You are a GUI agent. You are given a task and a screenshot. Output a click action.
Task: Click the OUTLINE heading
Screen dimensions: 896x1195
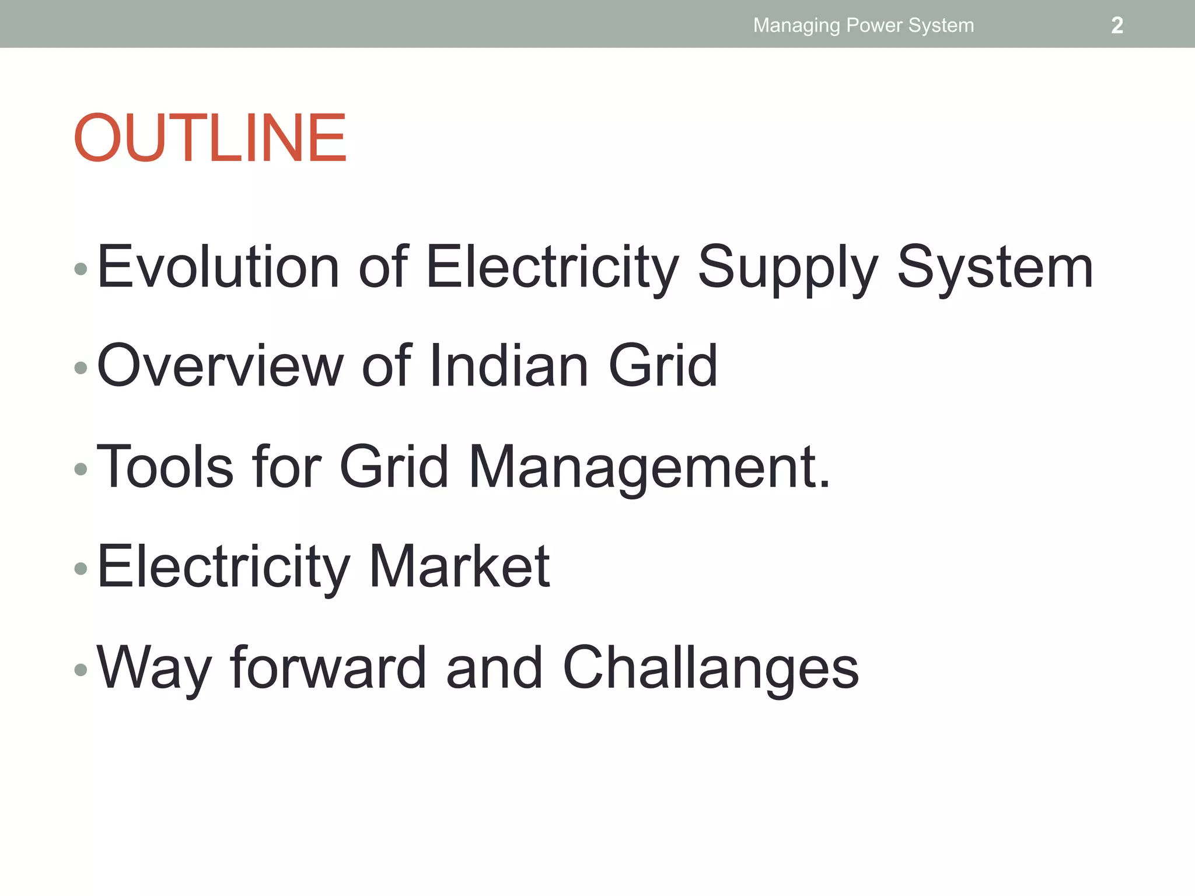(210, 139)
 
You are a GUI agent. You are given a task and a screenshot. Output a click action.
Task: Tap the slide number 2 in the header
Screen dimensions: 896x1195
(1117, 26)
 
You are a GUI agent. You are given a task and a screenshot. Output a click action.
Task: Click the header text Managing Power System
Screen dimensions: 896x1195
(864, 26)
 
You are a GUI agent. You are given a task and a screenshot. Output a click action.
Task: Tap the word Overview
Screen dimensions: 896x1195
(221, 366)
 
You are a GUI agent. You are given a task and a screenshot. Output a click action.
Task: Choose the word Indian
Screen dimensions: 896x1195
(509, 366)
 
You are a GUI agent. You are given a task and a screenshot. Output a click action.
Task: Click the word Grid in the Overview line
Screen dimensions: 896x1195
(663, 366)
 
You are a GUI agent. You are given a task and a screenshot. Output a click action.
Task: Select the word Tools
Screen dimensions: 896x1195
(165, 467)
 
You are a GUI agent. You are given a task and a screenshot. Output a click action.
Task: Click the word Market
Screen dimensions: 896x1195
(459, 566)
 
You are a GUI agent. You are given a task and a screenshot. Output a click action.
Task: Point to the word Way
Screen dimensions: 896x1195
(153, 668)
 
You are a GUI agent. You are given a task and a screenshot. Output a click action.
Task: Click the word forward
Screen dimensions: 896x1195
(329, 667)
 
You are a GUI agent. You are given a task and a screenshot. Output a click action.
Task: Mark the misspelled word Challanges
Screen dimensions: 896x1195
(711, 668)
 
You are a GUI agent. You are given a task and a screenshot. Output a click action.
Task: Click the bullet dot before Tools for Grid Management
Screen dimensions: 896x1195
(81, 468)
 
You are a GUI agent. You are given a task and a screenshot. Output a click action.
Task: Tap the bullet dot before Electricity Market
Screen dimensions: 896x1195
(81, 568)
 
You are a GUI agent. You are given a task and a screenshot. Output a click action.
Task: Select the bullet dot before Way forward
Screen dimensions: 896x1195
(81, 669)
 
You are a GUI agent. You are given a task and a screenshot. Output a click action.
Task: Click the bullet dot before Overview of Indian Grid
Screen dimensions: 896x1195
(81, 367)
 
